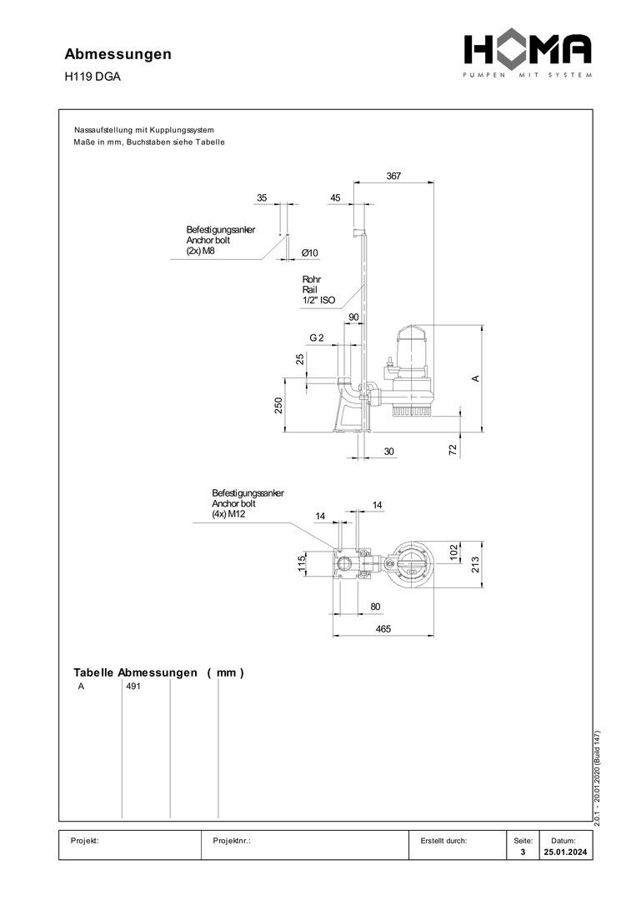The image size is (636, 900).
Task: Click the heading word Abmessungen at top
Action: (x=118, y=54)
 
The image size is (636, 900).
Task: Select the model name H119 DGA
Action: (x=93, y=77)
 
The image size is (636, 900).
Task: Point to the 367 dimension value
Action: (x=393, y=176)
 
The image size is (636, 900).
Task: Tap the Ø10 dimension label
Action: (x=309, y=252)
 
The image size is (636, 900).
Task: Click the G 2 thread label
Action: (x=316, y=337)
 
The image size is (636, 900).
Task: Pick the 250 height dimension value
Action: (x=279, y=406)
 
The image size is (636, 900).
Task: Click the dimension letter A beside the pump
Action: (x=474, y=378)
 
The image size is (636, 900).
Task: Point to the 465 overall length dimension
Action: (x=383, y=628)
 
